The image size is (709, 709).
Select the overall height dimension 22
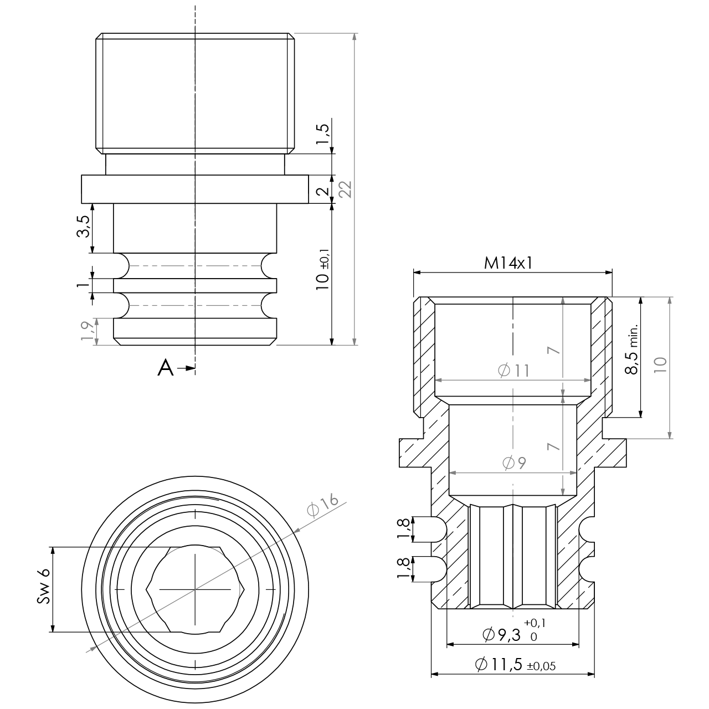[346, 189]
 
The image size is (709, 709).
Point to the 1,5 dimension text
[323, 134]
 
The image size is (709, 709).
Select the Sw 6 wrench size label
[44, 587]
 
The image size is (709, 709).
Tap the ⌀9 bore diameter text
[513, 463]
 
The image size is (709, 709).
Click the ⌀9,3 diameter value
[501, 635]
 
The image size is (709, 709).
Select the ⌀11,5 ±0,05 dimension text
[515, 665]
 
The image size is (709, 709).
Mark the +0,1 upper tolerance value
[535, 623]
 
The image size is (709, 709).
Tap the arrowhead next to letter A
[190, 368]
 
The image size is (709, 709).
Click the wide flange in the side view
[195, 189]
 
